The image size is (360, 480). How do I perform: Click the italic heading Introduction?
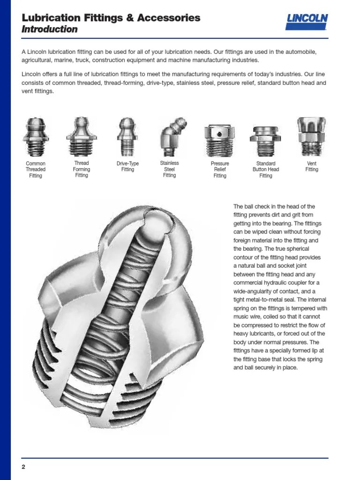point(49,30)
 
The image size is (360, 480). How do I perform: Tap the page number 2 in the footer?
point(23,466)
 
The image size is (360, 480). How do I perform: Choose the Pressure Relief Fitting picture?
point(219,138)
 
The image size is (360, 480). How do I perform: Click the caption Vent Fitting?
point(312,166)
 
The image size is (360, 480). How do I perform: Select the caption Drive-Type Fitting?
point(127,166)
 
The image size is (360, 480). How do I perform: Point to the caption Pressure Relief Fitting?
point(220,170)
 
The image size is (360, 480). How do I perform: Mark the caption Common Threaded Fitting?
point(36,170)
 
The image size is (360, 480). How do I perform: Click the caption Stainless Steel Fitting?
point(169,169)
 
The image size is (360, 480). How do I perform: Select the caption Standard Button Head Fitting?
point(266,170)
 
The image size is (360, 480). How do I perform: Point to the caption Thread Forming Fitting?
point(82,169)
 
